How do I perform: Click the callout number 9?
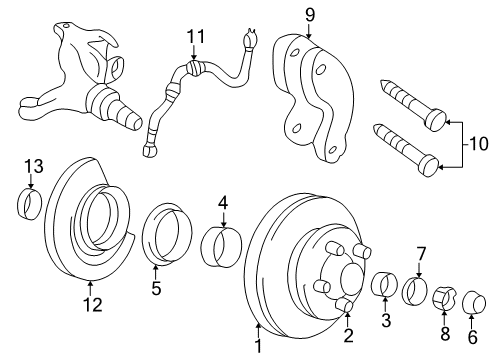(310, 14)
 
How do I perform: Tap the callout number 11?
(194, 38)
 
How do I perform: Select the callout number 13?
(32, 166)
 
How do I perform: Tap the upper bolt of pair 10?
(409, 102)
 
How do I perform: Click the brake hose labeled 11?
(190, 85)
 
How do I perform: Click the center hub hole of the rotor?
(350, 277)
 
